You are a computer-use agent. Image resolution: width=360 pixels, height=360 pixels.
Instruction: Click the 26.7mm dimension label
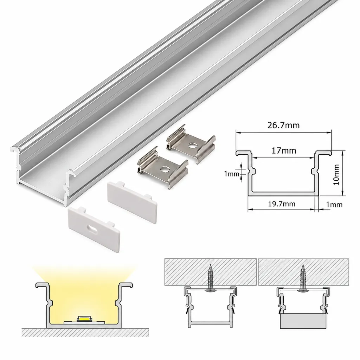[x=283, y=126]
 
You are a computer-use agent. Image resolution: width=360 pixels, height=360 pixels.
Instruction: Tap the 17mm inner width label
[x=284, y=150]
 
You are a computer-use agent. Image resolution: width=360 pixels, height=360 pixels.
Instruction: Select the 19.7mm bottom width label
[x=282, y=204]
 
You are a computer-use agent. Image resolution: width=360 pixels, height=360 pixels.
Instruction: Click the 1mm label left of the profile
[x=232, y=174]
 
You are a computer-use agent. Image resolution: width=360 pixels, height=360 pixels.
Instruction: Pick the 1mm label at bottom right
[x=334, y=205]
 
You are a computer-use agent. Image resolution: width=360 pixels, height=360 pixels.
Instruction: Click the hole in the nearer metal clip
[x=165, y=169]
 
